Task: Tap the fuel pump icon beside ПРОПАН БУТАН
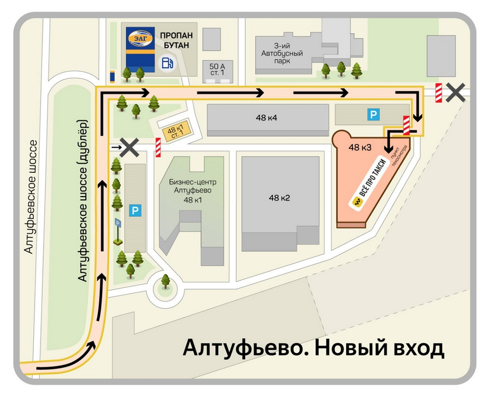click(x=167, y=63)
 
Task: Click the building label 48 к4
click(x=267, y=118)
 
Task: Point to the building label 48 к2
click(x=280, y=197)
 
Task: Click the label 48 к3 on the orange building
click(x=360, y=147)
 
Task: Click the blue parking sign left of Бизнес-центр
click(x=135, y=211)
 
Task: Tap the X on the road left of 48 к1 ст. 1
click(x=129, y=147)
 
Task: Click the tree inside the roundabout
click(x=166, y=281)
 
